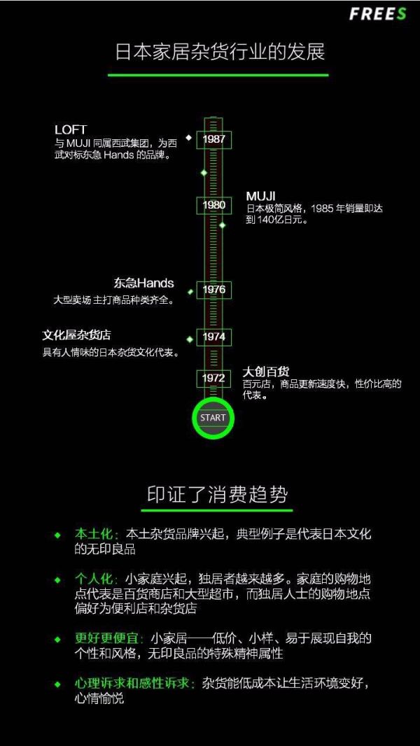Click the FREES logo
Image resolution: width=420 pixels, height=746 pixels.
pos(378,14)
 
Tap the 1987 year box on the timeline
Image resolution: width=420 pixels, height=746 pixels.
pos(213,139)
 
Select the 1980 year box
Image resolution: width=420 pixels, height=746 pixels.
pos(213,205)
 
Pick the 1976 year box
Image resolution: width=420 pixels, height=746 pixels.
pos(213,290)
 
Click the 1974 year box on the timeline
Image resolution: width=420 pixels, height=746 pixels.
pos(213,337)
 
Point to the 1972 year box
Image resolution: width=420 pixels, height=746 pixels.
pos(213,378)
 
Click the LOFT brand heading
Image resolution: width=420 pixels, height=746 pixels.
pos(71,129)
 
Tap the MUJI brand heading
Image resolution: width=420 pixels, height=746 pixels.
pos(261,195)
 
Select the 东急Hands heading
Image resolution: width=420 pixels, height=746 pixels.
pos(143,283)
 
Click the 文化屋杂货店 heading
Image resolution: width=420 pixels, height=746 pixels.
pos(76,335)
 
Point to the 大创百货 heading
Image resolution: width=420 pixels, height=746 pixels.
pos(266,372)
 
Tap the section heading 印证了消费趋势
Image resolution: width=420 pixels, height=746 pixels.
pos(217,495)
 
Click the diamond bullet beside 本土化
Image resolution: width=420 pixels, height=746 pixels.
pos(57,534)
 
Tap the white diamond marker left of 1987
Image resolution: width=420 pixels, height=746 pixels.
pos(188,137)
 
